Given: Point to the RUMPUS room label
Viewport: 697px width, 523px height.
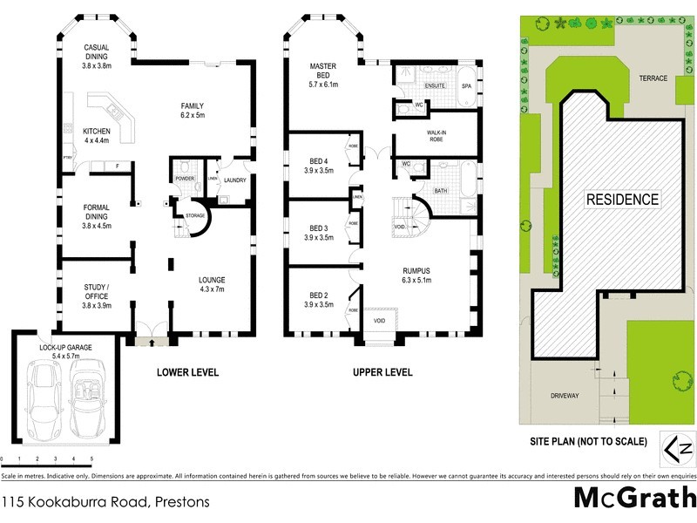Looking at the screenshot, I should (x=417, y=275).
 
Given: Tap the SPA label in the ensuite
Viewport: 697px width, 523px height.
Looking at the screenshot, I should (x=466, y=86).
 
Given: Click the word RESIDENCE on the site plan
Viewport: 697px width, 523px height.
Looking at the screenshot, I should (x=621, y=199).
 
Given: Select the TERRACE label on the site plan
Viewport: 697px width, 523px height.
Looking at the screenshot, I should (x=653, y=78).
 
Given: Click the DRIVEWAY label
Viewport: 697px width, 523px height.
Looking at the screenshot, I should (x=565, y=395).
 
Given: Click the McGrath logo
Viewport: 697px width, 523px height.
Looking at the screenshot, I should (x=633, y=498).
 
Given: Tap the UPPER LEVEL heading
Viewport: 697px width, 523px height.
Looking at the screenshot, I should (x=382, y=372).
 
